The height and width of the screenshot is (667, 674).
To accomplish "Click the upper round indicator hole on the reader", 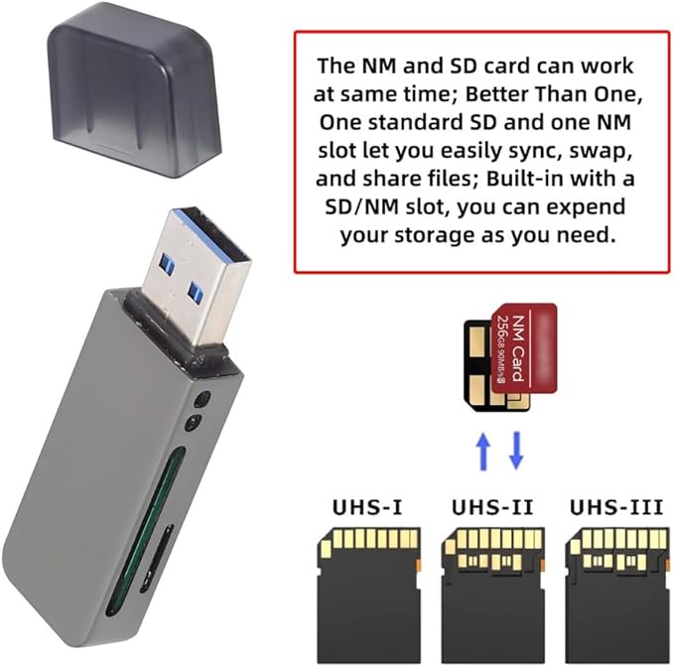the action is (x=202, y=400).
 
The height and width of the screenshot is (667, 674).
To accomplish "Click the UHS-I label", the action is (x=367, y=508).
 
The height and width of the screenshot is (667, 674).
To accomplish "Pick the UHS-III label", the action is (x=615, y=508).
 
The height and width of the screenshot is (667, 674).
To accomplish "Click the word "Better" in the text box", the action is (x=525, y=95).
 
